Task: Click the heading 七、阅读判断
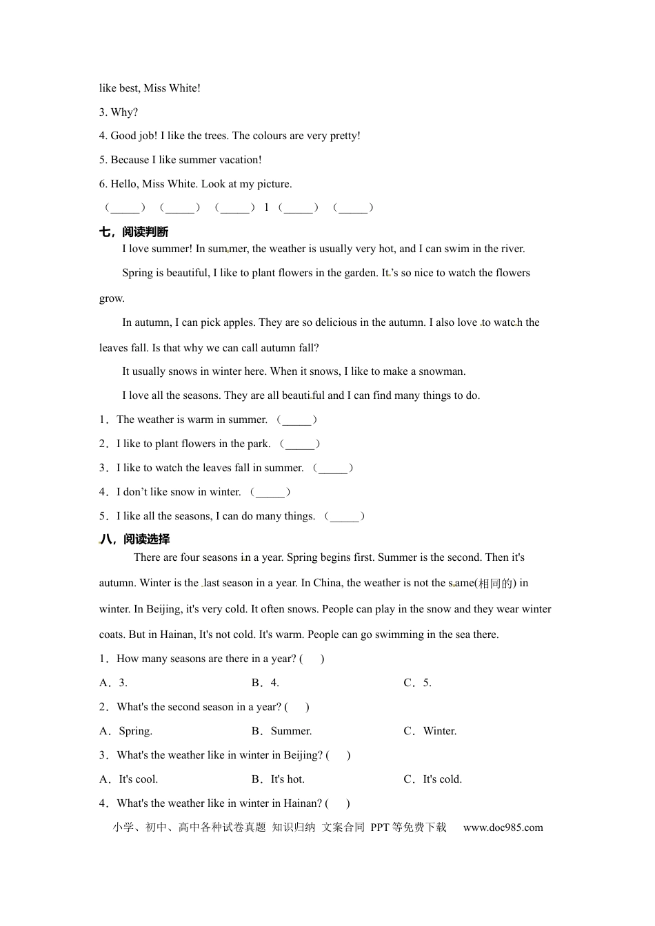(x=134, y=232)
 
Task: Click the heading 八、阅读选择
(x=134, y=539)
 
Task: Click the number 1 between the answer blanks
(x=267, y=207)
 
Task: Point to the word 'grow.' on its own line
(x=112, y=298)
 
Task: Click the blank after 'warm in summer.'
(x=296, y=420)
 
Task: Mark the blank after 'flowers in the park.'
(x=300, y=444)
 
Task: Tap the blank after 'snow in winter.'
(x=270, y=492)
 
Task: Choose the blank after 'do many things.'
(x=345, y=516)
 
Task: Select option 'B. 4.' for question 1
(x=265, y=683)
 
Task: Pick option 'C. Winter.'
(x=430, y=731)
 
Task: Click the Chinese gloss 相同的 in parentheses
(x=496, y=584)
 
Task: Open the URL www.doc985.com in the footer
(x=503, y=827)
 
